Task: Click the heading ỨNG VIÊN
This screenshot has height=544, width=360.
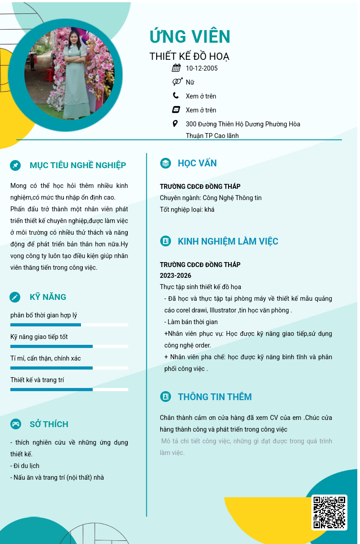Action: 190,36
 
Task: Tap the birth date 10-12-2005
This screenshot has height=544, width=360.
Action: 202,68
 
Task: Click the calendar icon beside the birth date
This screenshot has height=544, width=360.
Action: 176,68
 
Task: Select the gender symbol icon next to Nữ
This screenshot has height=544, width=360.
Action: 177,82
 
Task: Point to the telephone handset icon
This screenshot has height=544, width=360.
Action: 175,95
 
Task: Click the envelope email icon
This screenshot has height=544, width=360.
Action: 176,110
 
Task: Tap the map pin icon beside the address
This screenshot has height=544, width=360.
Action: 175,124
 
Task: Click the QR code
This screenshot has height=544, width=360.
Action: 329,512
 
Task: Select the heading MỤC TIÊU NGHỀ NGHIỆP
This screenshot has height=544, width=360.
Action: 78,165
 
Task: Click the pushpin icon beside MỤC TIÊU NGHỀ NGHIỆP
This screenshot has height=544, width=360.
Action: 15,165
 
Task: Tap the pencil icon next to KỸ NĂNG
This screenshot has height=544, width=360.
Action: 15,297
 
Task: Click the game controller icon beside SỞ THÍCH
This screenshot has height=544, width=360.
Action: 15,424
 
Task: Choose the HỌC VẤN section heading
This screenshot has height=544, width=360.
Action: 197,163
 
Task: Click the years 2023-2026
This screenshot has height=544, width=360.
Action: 175,276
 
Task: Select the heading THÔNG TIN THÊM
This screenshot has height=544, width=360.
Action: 215,397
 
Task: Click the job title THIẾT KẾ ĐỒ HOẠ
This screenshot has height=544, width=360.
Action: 189,57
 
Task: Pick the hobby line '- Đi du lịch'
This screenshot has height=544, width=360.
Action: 25,466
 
